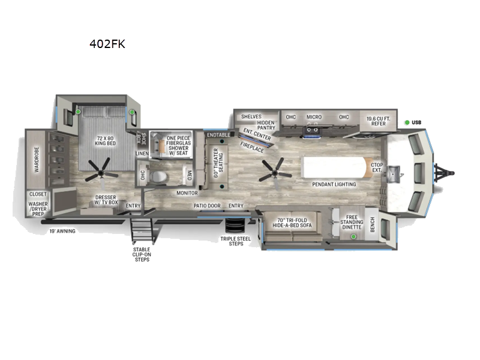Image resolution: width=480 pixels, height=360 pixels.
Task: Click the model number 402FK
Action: [107, 44]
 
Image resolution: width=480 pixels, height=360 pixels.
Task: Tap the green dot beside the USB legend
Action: [407, 122]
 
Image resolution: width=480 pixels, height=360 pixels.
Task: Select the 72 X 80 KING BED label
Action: [105, 141]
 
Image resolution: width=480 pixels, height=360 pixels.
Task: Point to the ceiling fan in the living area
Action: [275, 173]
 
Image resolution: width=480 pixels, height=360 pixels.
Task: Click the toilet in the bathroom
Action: [158, 177]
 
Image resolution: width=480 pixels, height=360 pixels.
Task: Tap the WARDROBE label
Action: [37, 159]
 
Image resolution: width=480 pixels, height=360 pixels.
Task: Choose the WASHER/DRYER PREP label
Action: [38, 209]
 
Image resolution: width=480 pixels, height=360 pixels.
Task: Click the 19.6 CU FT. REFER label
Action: [379, 121]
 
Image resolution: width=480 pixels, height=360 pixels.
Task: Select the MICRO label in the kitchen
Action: [314, 117]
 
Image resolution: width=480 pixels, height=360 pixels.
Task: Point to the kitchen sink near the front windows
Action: [393, 174]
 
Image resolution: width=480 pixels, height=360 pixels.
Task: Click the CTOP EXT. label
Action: [377, 167]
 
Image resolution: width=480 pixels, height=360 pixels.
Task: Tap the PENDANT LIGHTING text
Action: [334, 184]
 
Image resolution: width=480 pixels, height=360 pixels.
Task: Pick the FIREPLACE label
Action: [252, 147]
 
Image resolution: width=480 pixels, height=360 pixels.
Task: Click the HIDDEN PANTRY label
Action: [266, 125]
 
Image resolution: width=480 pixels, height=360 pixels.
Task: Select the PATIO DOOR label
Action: [207, 206]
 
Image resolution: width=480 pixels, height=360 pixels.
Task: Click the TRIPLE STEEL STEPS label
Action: [235, 241]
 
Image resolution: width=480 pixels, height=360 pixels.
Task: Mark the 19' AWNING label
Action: [62, 231]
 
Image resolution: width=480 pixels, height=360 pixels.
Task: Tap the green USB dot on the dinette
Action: [353, 236]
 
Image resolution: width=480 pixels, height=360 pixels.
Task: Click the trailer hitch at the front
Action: [444, 173]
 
